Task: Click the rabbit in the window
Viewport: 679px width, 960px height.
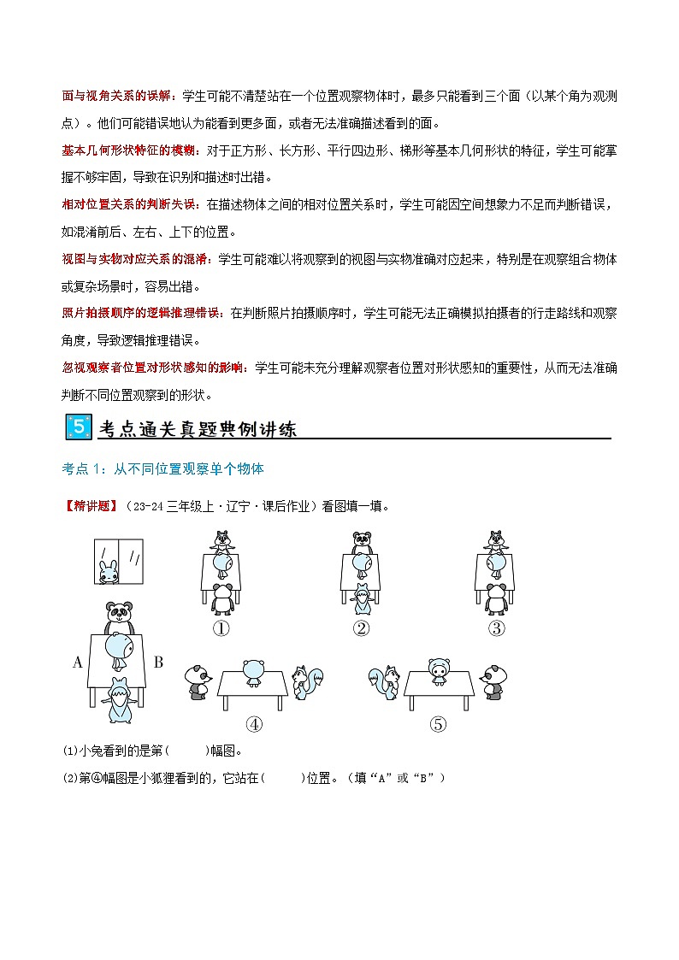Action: pyautogui.click(x=107, y=572)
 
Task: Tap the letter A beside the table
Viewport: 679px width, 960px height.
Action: pyautogui.click(x=78, y=661)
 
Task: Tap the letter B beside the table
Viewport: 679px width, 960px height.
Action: pyautogui.click(x=158, y=661)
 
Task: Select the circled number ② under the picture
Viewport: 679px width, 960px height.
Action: pyautogui.click(x=361, y=628)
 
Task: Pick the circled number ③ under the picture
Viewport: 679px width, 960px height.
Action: pyautogui.click(x=496, y=628)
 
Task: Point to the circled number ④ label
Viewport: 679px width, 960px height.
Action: pyautogui.click(x=254, y=724)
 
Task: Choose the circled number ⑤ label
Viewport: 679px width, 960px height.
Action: pyautogui.click(x=438, y=724)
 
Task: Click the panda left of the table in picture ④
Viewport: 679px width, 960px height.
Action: pyautogui.click(x=198, y=681)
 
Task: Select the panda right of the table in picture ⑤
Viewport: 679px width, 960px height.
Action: pyautogui.click(x=494, y=681)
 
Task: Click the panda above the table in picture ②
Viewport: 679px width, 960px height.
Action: pyautogui.click(x=361, y=542)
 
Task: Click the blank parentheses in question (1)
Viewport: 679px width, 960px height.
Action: pyautogui.click(x=187, y=751)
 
